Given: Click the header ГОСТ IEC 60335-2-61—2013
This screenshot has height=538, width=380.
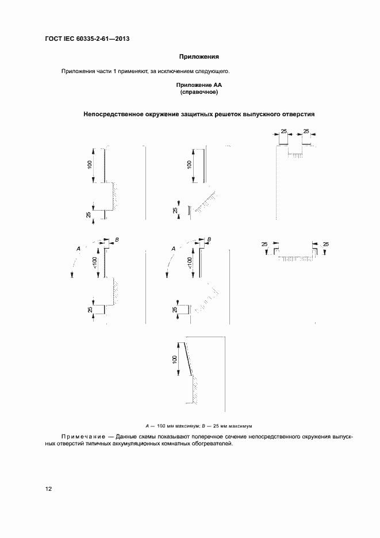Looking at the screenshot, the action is tap(87, 40).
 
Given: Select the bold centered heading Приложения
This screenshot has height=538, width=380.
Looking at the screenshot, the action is tap(199, 56).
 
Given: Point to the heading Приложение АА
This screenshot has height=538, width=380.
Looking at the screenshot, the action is tap(199, 85).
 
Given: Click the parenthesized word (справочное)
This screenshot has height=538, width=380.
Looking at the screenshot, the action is tap(199, 92).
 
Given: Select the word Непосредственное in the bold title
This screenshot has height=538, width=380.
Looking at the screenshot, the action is tap(113, 114).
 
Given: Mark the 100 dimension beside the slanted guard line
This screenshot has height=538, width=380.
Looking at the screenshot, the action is tap(174, 359).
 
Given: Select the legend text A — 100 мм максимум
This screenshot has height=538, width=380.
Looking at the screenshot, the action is tap(167, 426).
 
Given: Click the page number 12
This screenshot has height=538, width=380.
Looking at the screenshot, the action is tap(49, 489).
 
